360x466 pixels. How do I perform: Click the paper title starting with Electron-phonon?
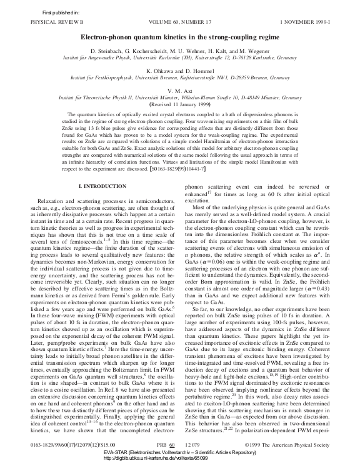click(180, 37)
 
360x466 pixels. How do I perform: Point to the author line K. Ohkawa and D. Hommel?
click(180, 71)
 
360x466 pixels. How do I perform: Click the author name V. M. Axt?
click(180, 91)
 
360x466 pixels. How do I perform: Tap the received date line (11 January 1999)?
click(180, 103)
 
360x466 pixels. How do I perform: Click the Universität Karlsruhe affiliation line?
click(180, 57)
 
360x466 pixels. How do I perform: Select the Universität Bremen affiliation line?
click(180, 77)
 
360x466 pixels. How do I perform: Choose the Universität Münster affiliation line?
click(180, 97)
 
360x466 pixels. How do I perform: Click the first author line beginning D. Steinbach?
click(180, 51)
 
